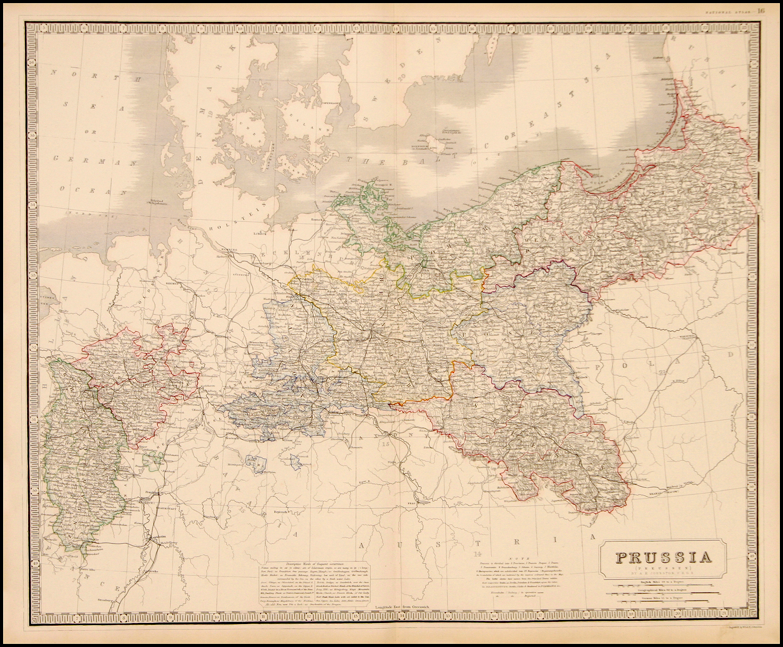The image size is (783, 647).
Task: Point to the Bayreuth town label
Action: point(282,513)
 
